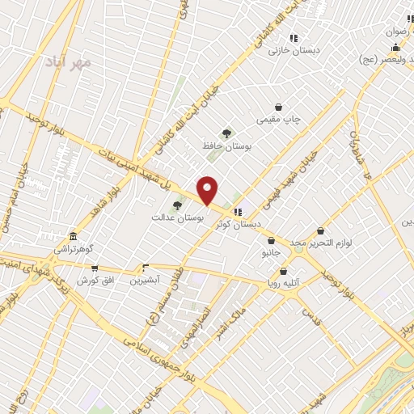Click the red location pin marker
[208, 191]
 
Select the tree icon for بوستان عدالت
[177, 205]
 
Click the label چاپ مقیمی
[278, 120]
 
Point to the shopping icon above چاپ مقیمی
[279, 107]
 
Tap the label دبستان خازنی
[295, 50]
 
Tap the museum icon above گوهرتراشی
[74, 237]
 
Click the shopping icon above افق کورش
[95, 268]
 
